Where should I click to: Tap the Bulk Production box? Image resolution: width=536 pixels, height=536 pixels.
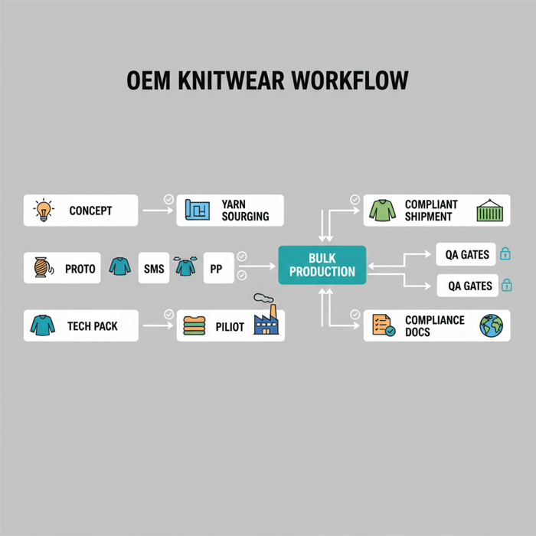coord(322,265)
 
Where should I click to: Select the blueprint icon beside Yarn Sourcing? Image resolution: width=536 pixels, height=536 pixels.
coord(198,210)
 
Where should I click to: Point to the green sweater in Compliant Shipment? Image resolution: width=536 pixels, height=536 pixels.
coord(383,210)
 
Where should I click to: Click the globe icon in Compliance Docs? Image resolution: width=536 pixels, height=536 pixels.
coord(490,325)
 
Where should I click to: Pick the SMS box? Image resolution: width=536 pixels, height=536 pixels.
coord(152,269)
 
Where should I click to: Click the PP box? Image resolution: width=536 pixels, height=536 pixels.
coord(216,269)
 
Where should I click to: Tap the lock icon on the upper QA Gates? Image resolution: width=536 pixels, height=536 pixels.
coord(505,253)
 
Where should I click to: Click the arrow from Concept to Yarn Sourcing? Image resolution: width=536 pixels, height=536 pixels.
coord(158,210)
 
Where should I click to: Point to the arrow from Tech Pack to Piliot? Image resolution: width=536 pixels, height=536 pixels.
coord(158,325)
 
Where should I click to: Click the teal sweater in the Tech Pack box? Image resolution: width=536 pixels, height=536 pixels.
coord(43,325)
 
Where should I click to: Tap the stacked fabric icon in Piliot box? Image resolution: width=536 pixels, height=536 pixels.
coord(194,327)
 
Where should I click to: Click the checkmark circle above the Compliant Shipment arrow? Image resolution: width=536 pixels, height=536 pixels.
coord(355,199)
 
